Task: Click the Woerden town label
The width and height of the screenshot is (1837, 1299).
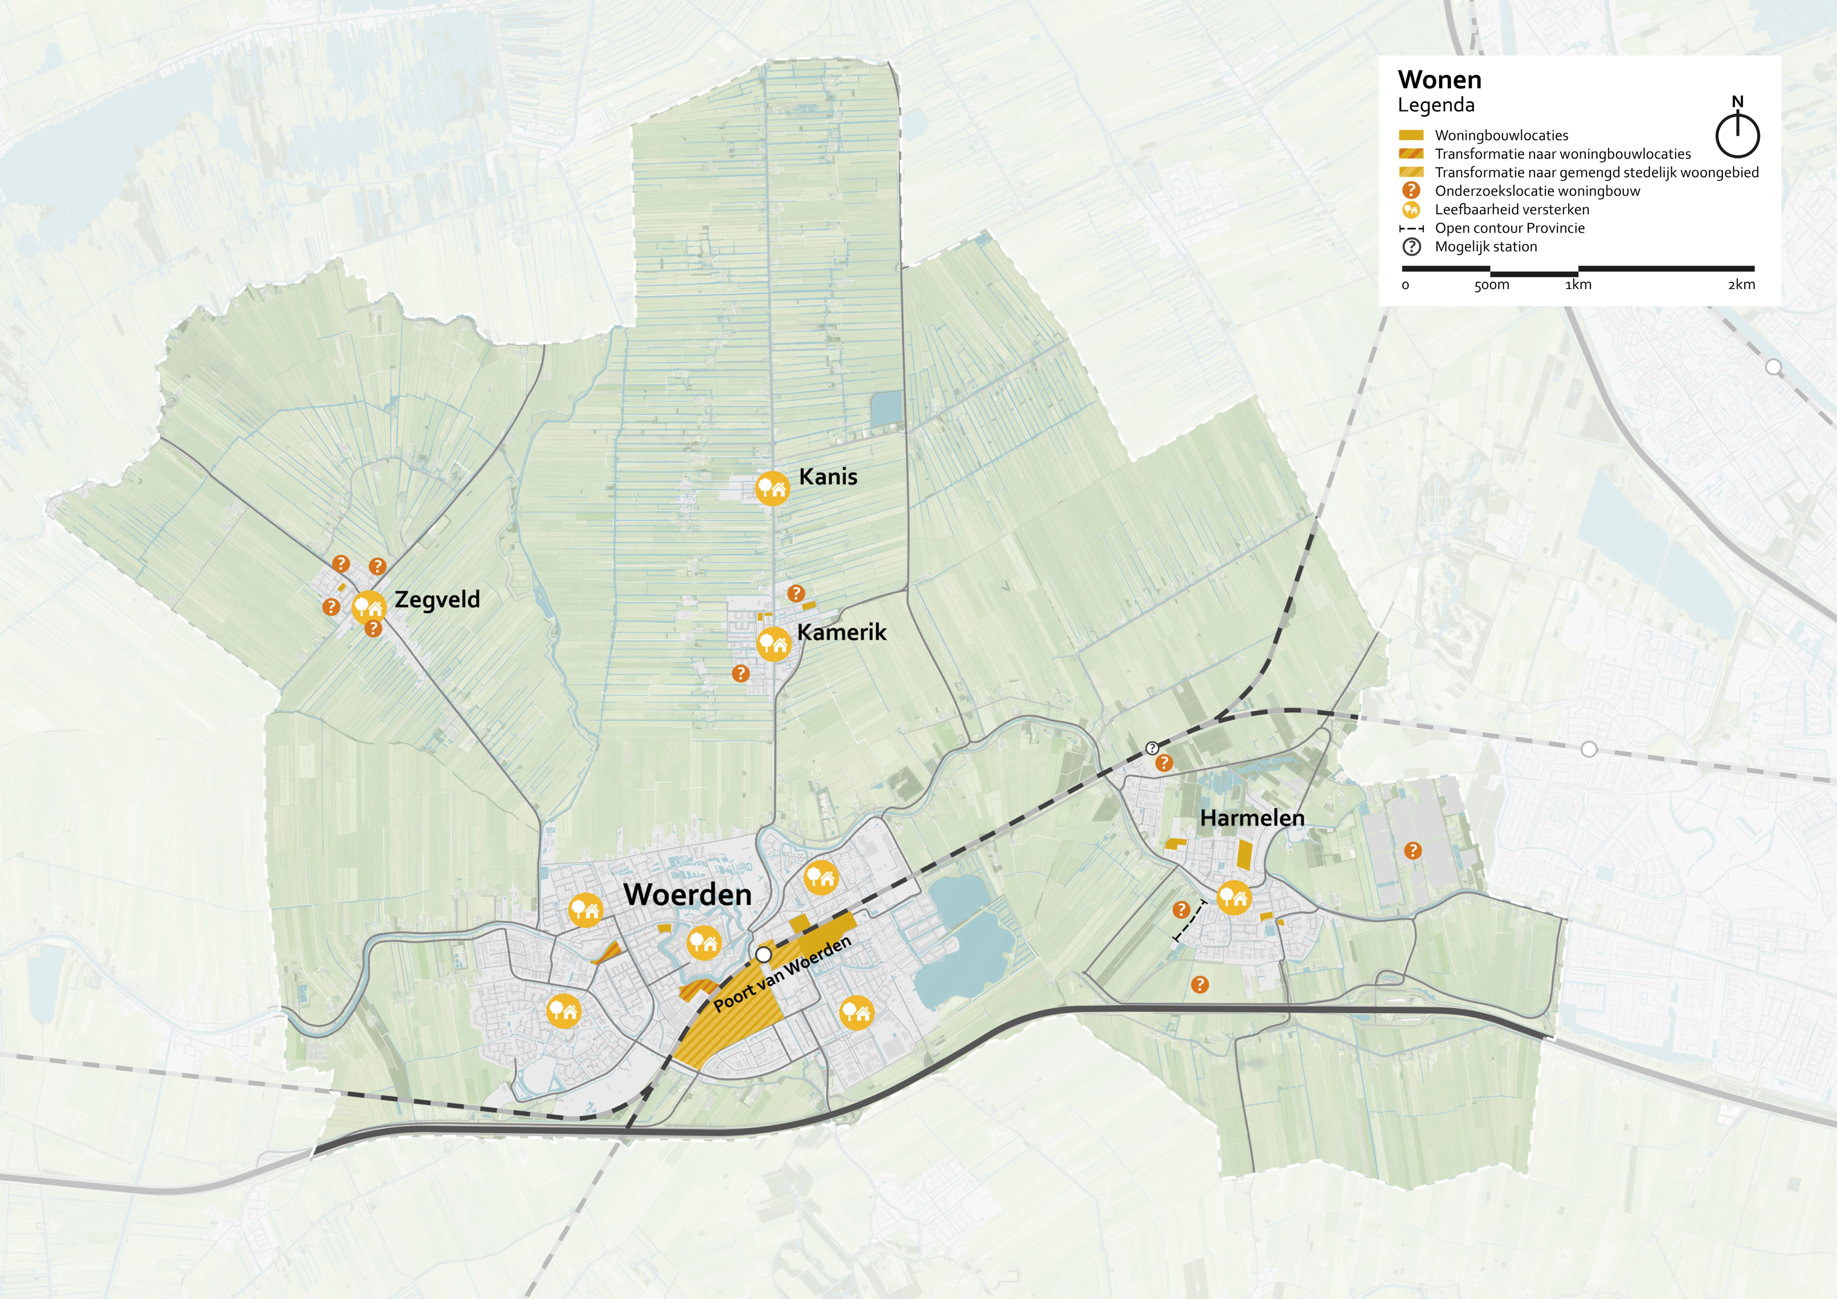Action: coord(687,894)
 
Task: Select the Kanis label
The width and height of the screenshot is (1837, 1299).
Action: coord(828,477)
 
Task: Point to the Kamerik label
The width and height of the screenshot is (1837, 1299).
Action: coord(842,632)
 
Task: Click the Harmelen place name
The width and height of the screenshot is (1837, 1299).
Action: coord(1252,818)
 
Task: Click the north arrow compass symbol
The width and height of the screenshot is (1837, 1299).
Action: coord(1737,133)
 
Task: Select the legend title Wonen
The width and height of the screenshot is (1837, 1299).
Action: coord(1439,80)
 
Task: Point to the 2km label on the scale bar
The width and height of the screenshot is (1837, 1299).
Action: coord(1741,285)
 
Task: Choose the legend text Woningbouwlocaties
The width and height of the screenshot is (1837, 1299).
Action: coord(1501,135)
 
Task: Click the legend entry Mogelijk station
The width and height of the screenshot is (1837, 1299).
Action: coord(1486,246)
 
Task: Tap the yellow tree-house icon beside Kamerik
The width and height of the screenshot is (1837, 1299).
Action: coord(773,642)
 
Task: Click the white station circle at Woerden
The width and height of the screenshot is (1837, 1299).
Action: coord(764,954)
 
